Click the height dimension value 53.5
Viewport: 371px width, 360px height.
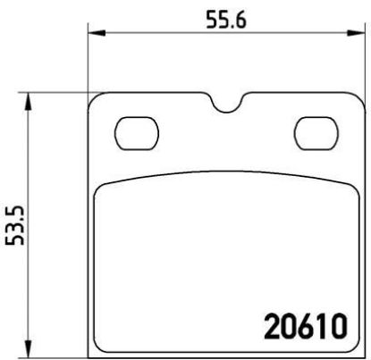[13, 224]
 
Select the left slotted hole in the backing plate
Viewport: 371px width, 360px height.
[134, 133]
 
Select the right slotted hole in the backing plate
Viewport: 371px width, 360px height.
[313, 133]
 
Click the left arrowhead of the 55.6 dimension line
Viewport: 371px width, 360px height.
[94, 35]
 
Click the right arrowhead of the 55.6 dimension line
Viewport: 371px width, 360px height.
[353, 35]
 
